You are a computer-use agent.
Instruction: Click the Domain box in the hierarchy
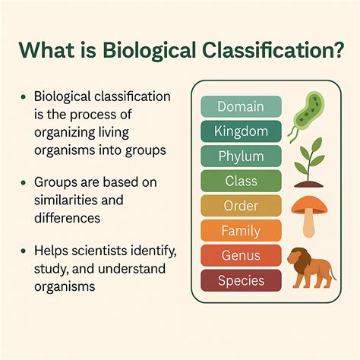coord(241,106)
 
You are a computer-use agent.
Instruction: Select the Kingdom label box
coord(241,131)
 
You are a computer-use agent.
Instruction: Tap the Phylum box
coord(241,156)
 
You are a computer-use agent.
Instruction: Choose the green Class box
coord(241,181)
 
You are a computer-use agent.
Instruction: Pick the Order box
coord(241,206)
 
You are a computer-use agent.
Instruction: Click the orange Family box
coord(241,231)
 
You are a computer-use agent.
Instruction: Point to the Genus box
coord(241,256)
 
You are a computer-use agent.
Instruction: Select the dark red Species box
coord(241,281)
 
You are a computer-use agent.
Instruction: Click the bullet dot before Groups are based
coord(25,183)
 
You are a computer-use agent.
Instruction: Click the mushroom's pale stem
coord(308,223)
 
